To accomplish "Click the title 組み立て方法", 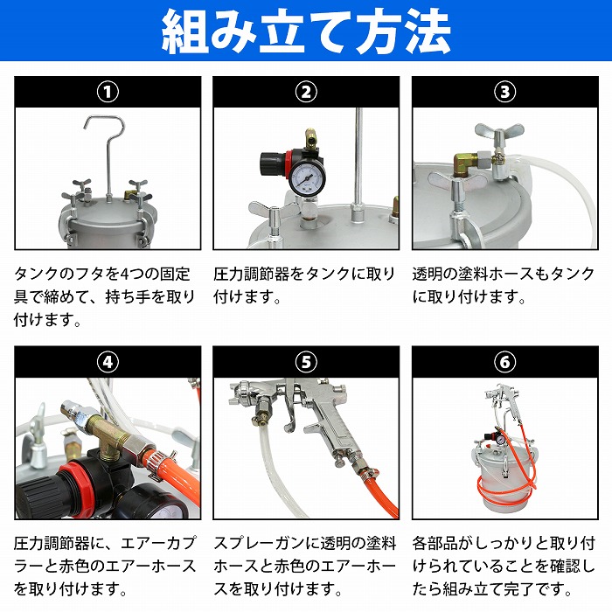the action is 306,31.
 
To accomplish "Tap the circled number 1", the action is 108,92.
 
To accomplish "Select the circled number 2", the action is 306,92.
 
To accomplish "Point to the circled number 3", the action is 505,92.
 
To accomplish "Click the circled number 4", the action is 108,362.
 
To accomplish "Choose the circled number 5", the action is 306,362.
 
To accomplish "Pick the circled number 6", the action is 505,362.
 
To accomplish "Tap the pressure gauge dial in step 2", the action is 307,179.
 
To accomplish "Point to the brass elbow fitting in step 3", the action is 466,163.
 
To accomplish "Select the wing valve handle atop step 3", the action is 499,132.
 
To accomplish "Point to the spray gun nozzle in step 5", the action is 241,394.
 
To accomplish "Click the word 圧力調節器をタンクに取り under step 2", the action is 305,274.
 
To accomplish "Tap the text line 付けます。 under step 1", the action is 47,320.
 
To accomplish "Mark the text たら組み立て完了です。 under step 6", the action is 492,589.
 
